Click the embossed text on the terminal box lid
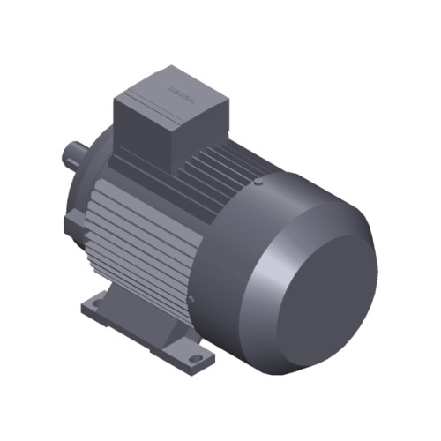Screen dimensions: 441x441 pyautogui.click(x=181, y=88)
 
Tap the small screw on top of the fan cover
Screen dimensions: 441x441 pyautogui.click(x=258, y=183)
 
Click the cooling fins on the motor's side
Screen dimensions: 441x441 pyautogui.click(x=141, y=229)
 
